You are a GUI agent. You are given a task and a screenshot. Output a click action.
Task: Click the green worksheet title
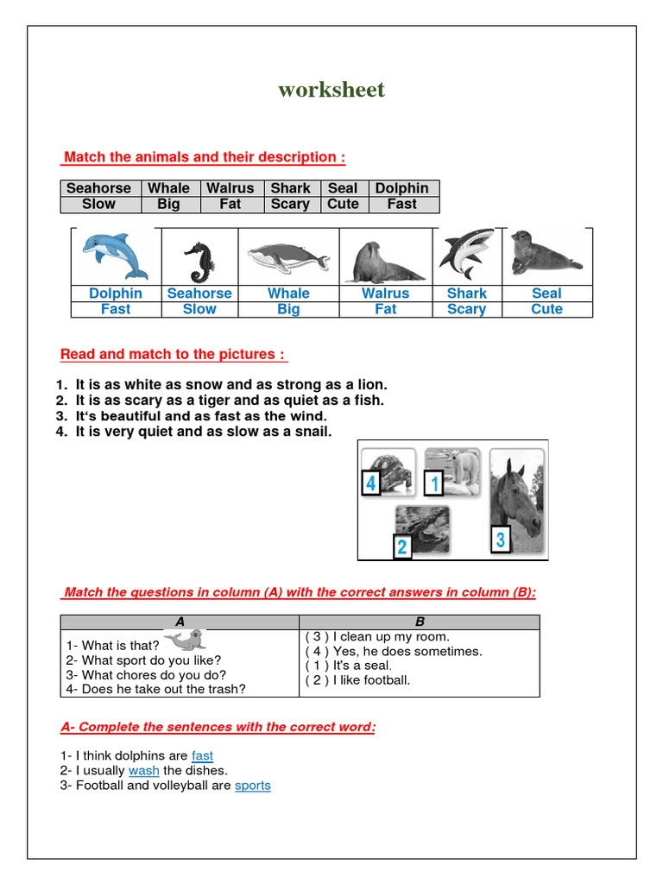click(x=331, y=90)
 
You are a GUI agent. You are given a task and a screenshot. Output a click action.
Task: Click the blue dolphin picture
click(x=115, y=256)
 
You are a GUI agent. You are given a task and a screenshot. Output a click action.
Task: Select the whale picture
click(x=287, y=257)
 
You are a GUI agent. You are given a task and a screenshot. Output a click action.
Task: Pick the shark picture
click(x=466, y=255)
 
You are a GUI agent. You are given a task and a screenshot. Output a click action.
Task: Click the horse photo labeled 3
click(x=516, y=502)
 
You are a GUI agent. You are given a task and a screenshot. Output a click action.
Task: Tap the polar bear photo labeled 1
click(x=451, y=471)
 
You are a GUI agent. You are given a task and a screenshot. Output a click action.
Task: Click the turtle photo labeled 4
click(x=388, y=471)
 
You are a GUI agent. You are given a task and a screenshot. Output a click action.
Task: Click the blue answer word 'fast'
click(x=202, y=756)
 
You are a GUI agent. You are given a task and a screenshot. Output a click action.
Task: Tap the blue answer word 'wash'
click(x=143, y=771)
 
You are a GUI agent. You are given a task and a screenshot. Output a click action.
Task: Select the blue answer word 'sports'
click(x=253, y=786)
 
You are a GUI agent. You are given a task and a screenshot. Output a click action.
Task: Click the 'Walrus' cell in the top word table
click(x=230, y=188)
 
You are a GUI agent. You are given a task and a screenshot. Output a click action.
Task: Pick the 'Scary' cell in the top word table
click(x=290, y=205)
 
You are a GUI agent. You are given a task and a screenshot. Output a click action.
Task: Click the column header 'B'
click(x=419, y=622)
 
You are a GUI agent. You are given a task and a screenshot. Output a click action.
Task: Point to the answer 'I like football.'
click(x=357, y=680)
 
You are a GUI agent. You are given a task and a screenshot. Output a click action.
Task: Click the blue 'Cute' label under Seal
click(x=546, y=309)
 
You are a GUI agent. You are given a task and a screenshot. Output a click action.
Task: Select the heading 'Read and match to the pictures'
click(x=174, y=355)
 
